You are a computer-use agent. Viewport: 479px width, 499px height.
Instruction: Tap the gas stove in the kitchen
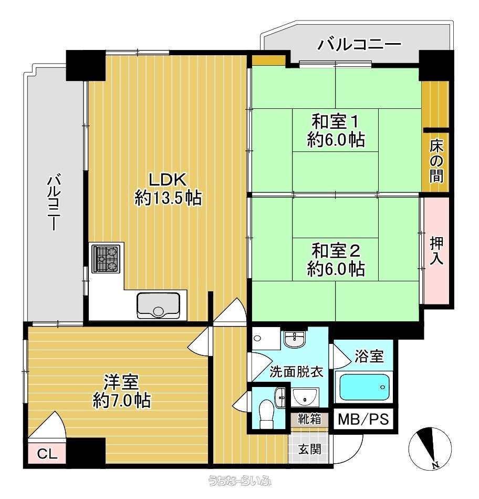click(x=106, y=258)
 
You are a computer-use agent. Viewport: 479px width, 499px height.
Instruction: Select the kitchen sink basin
click(x=158, y=305)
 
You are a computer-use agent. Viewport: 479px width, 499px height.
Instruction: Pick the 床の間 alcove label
click(x=436, y=161)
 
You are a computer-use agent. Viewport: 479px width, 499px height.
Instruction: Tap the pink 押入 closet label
click(x=436, y=251)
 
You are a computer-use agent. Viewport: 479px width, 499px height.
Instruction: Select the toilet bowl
click(x=267, y=414)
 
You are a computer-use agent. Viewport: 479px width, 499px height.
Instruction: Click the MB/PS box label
click(x=363, y=420)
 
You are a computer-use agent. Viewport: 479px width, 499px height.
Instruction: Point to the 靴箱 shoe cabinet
click(x=309, y=420)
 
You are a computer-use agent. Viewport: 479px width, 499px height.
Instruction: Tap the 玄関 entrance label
click(x=309, y=449)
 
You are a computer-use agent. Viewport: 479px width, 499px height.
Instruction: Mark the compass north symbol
click(x=430, y=449)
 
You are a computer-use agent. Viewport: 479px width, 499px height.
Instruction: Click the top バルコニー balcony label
click(x=359, y=44)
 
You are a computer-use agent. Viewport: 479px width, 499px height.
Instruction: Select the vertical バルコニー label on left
click(x=55, y=202)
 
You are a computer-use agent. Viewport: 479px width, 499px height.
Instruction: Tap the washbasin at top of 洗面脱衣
click(x=294, y=339)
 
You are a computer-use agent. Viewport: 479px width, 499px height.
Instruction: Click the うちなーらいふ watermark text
click(x=240, y=481)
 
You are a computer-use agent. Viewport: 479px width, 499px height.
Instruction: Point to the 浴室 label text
click(x=369, y=356)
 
